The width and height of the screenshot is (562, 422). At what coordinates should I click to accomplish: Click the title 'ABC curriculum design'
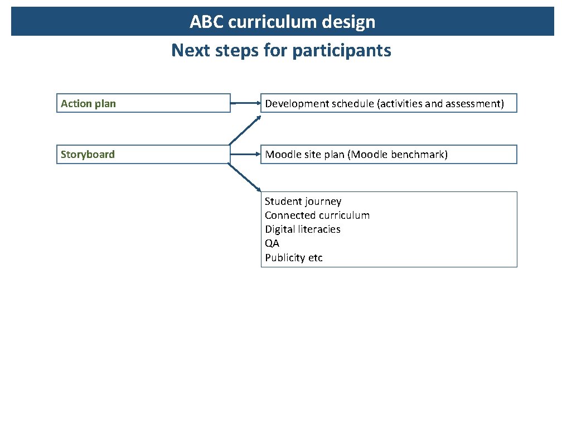click(x=282, y=22)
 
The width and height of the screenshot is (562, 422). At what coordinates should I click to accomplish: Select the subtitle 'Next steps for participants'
click(x=281, y=50)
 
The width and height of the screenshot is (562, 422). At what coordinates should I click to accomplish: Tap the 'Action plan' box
click(x=143, y=103)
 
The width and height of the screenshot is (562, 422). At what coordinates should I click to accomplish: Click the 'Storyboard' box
click(x=143, y=155)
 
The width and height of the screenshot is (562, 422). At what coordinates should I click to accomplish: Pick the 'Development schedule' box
click(x=389, y=103)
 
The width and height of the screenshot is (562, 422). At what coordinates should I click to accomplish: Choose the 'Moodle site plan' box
click(x=389, y=155)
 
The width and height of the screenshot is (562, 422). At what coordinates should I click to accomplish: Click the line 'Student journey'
click(x=303, y=202)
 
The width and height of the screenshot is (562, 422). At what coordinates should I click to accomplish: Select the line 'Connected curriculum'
click(x=317, y=215)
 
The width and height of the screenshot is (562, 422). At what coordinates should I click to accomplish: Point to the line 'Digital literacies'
click(x=302, y=229)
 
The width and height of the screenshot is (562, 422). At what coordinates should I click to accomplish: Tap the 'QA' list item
click(x=272, y=243)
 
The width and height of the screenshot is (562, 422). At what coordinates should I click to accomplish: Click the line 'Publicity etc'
click(x=293, y=258)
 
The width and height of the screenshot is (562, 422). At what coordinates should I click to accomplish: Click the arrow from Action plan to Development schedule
click(x=245, y=103)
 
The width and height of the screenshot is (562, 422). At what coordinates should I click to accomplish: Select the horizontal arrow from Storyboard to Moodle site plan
click(x=245, y=155)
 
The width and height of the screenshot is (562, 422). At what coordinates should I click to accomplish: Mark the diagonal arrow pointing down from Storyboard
click(x=245, y=178)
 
